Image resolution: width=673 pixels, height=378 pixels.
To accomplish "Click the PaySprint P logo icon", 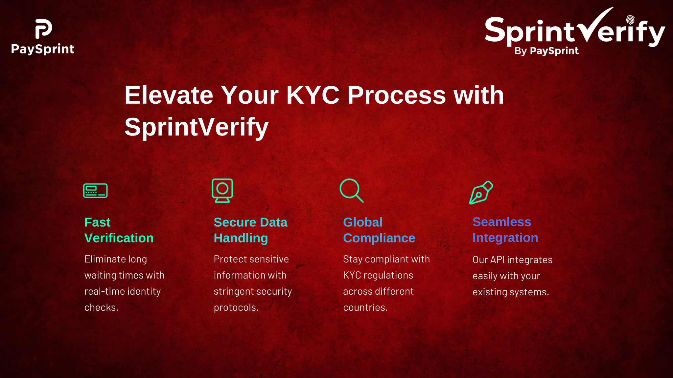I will coord(43,29).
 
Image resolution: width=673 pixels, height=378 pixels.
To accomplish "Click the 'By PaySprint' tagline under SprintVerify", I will coord(546,51).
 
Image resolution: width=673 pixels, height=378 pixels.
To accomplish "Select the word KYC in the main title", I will coord(313,95).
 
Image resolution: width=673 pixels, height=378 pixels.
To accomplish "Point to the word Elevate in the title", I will coord(169,95).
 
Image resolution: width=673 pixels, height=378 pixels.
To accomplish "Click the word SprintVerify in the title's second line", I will coord(197,127).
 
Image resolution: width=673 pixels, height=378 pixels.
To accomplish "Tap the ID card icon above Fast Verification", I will coord(95,191).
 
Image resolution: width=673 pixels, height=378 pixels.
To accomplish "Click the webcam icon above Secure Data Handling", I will coord(222,190).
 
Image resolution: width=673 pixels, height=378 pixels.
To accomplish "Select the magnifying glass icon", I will coord(351,190).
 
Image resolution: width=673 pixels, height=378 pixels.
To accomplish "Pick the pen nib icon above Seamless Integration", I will coord(481,192).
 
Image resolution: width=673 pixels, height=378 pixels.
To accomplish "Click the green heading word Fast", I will coord(97,222).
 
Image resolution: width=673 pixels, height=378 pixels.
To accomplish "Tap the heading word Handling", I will coord(241,238).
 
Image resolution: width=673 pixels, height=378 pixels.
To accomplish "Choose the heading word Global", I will coord(363,222).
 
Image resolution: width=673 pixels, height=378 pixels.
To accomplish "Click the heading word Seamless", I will coord(501,222).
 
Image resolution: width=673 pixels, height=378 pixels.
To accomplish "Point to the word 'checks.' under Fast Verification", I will coord(101,307).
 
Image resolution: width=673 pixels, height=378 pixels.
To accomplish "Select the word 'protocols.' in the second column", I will coord(236,307).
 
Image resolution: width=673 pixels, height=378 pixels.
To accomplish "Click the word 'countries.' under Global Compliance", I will coord(365,307).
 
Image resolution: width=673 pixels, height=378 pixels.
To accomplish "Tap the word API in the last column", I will coord(497,260).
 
